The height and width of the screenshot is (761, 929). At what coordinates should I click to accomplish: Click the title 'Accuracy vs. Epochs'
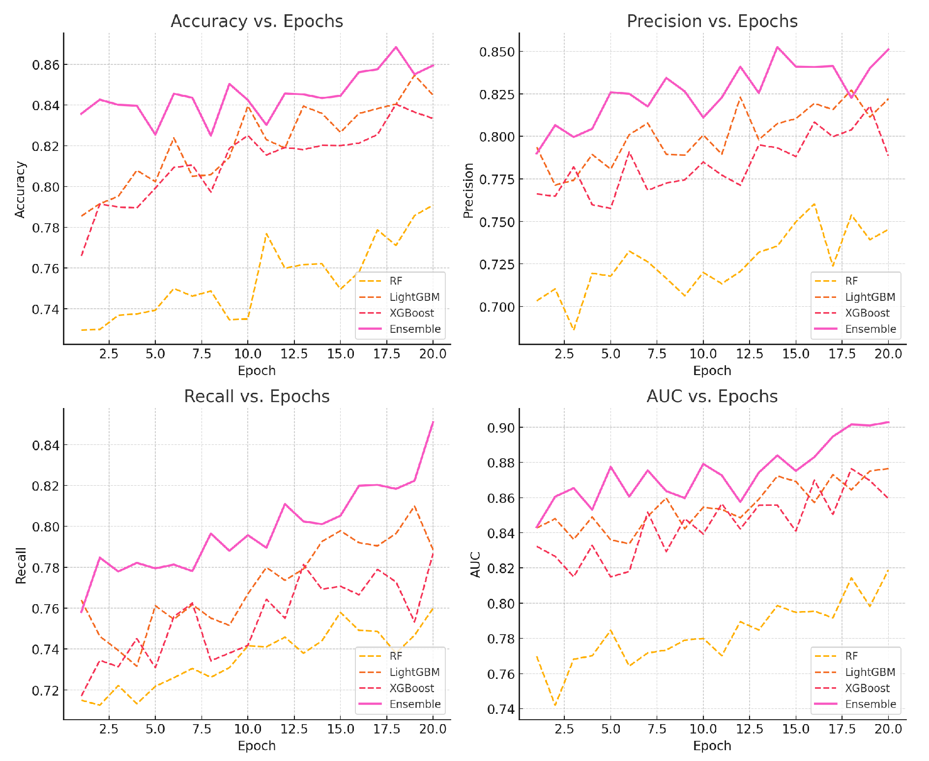click(x=257, y=22)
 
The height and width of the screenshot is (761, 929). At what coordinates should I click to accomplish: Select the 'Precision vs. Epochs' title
click(x=712, y=22)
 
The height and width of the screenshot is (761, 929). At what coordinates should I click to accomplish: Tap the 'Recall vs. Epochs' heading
click(x=257, y=397)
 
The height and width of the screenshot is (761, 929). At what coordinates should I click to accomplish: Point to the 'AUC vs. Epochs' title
click(x=712, y=397)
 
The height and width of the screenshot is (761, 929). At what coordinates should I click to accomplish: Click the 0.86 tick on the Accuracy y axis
click(x=46, y=65)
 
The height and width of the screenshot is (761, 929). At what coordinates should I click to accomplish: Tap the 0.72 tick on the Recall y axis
click(x=46, y=691)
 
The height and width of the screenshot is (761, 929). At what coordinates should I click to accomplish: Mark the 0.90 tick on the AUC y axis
click(x=501, y=428)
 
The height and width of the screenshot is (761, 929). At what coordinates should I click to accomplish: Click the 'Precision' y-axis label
click(x=468, y=191)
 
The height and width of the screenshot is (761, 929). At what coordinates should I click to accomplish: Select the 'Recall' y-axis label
click(x=21, y=565)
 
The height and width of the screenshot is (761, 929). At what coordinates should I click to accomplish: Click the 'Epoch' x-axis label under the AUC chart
click(x=712, y=746)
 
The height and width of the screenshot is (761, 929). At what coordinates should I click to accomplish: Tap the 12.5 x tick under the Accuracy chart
click(x=294, y=354)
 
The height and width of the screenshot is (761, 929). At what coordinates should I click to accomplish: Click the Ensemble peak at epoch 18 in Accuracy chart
click(x=396, y=47)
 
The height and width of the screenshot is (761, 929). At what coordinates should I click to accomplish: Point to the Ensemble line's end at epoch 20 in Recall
click(x=433, y=422)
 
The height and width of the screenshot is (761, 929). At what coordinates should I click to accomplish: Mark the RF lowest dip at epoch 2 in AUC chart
click(x=555, y=705)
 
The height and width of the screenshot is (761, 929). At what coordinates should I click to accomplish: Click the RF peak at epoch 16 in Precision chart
click(x=814, y=204)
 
